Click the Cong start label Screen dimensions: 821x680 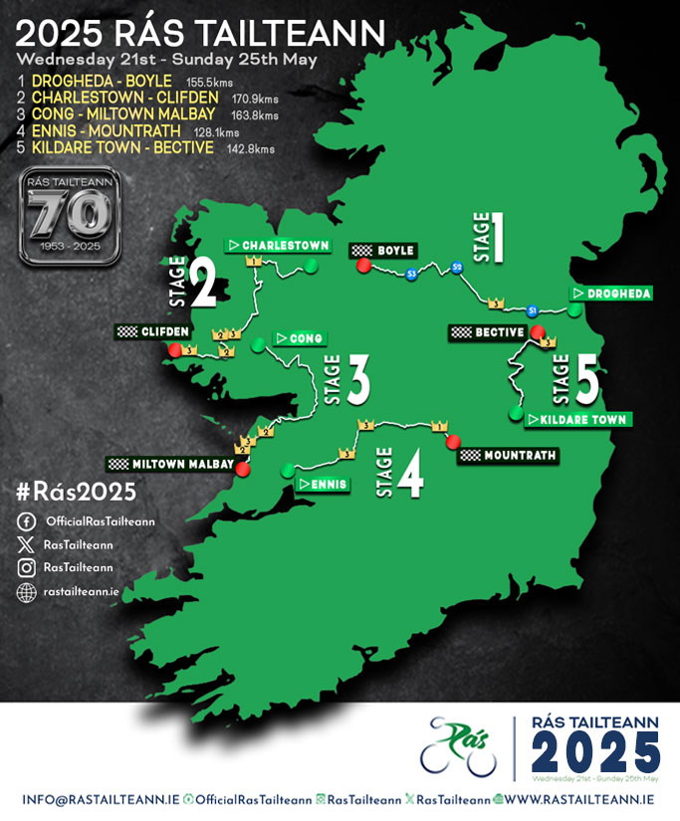click(x=300, y=338)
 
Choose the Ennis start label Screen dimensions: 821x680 click(x=322, y=484)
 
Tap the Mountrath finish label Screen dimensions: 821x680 click(x=508, y=455)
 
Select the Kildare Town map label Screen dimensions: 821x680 click(x=576, y=419)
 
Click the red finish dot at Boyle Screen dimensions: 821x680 click(x=363, y=266)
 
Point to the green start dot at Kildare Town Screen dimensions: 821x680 click(x=516, y=411)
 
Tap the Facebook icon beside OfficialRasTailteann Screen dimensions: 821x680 click(x=26, y=522)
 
